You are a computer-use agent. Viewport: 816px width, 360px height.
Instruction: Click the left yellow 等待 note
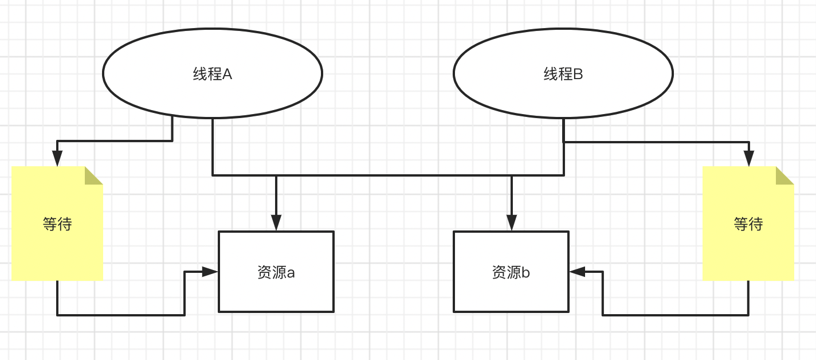(x=57, y=252)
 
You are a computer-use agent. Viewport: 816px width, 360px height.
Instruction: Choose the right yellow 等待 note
(x=748, y=252)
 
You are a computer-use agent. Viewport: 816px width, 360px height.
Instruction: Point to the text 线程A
(x=213, y=74)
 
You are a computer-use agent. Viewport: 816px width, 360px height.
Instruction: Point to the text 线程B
(x=563, y=74)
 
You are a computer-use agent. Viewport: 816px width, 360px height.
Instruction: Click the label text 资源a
(x=276, y=272)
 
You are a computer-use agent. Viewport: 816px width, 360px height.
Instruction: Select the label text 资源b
(x=511, y=272)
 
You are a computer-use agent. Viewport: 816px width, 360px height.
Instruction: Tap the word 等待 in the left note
(x=57, y=224)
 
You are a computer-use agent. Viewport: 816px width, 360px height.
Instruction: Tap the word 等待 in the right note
(x=748, y=224)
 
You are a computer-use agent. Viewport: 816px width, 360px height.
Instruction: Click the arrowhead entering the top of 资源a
(x=276, y=223)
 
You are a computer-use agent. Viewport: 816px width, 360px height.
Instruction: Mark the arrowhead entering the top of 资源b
(x=512, y=223)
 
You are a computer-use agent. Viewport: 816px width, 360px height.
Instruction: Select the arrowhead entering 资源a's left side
(x=210, y=272)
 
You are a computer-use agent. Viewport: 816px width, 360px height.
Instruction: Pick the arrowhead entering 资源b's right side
(x=578, y=272)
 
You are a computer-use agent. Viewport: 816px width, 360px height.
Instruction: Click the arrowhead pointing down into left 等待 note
(x=57, y=158)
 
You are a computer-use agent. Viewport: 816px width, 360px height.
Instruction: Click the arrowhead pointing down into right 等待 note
(x=748, y=158)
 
